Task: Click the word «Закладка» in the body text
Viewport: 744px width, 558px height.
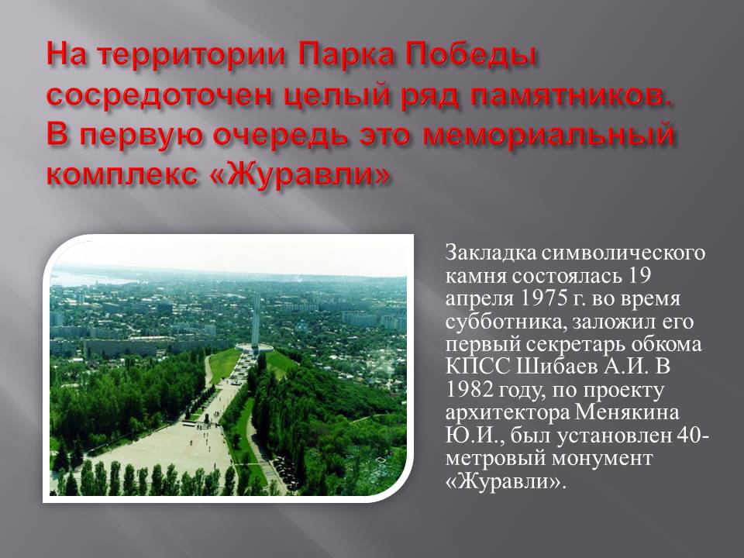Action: click(491, 253)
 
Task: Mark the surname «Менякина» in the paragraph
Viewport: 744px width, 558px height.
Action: click(627, 412)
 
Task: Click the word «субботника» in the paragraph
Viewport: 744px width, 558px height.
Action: click(505, 322)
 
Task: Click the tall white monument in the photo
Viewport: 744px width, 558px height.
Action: click(256, 320)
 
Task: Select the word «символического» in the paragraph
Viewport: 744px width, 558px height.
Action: click(623, 253)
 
